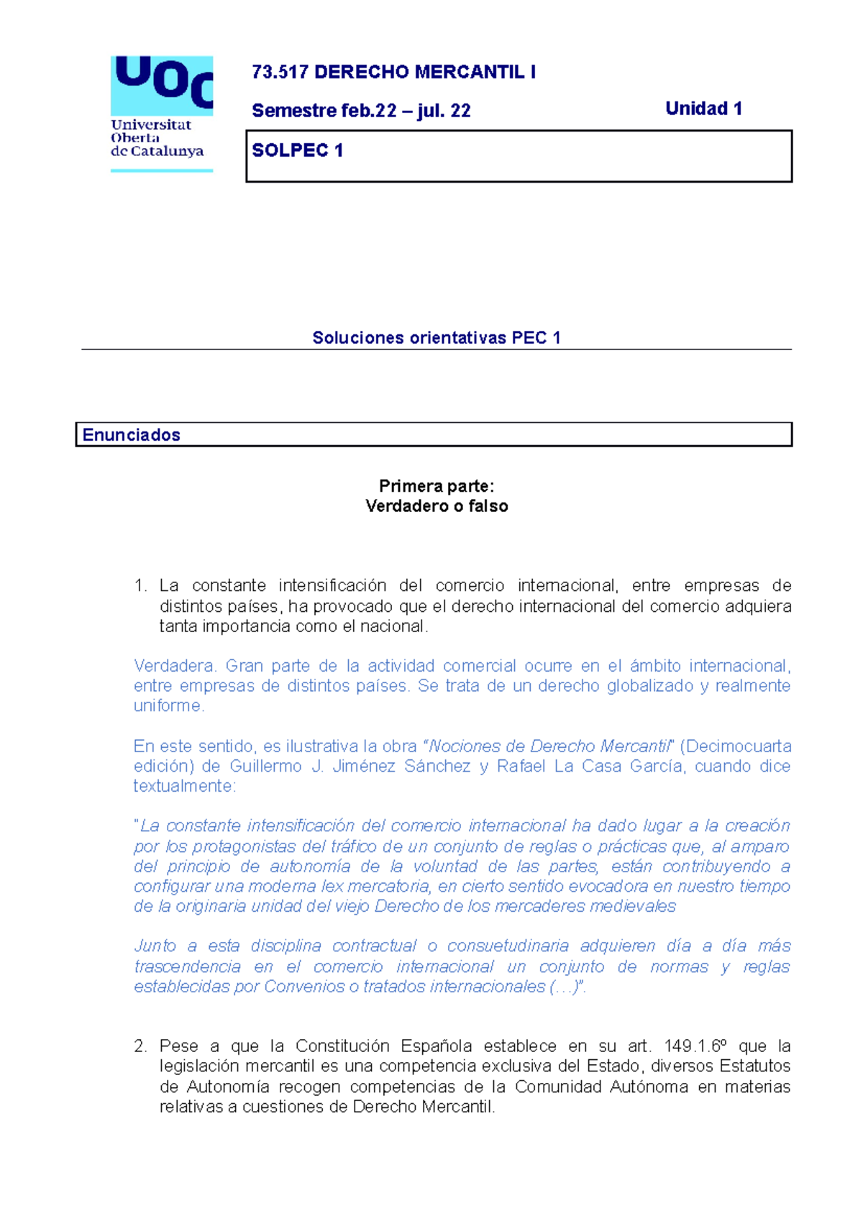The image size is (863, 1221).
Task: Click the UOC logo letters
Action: point(163,81)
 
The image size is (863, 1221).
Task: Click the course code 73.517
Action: point(280,72)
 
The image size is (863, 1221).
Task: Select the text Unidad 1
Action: point(703,109)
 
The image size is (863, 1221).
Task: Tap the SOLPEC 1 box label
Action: point(297,150)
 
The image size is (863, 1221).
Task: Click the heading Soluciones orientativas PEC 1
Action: point(436,338)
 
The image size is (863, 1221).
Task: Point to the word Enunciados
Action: point(131,435)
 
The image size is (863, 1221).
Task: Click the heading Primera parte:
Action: point(437,487)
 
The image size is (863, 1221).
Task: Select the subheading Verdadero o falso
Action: point(437,506)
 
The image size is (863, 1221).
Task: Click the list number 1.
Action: point(140,586)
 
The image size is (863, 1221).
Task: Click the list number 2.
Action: point(140,1046)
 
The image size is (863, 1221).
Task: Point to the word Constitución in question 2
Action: point(342,1046)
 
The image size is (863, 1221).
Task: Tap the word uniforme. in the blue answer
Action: point(169,706)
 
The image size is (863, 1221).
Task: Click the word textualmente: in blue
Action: point(184,787)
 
